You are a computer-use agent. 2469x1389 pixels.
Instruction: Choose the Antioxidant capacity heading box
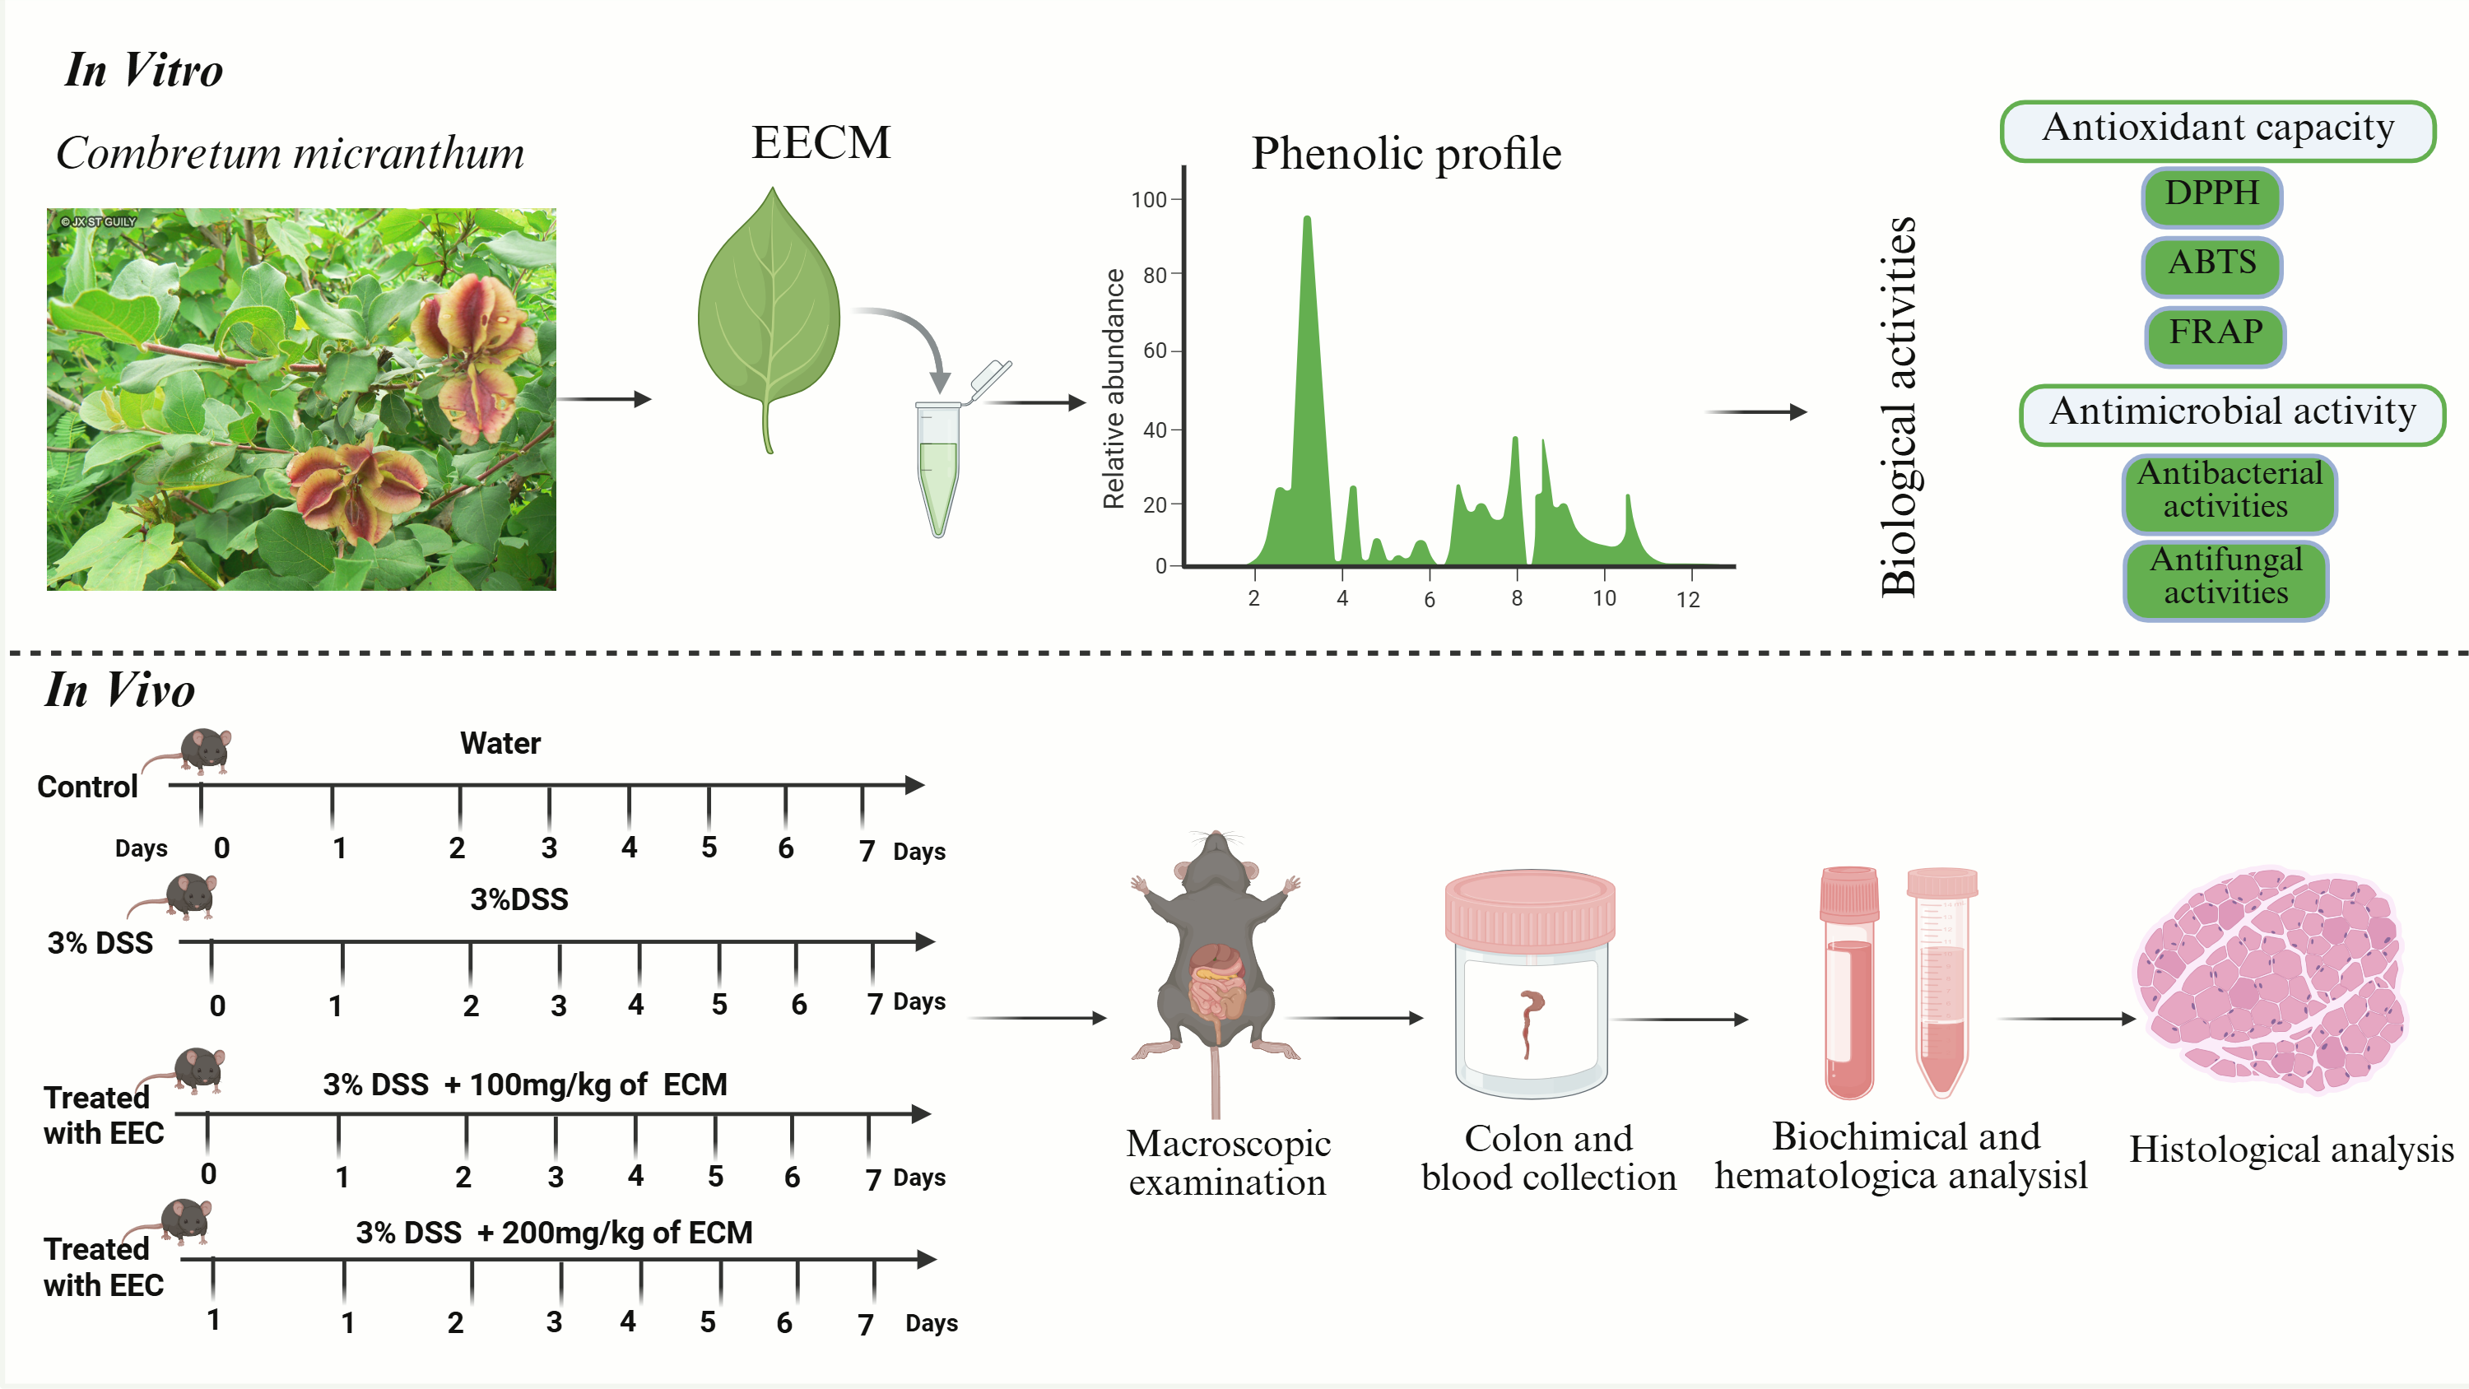pyautogui.click(x=2217, y=130)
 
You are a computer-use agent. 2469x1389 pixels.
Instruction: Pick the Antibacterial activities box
pyautogui.click(x=2229, y=493)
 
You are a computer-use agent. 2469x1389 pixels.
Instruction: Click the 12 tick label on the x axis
pyautogui.click(x=1688, y=600)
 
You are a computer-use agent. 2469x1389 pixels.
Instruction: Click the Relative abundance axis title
pyautogui.click(x=1114, y=388)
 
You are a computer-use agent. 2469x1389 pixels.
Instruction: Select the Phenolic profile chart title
pyautogui.click(x=1406, y=153)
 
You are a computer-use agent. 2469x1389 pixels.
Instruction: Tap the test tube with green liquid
pyautogui.click(x=938, y=470)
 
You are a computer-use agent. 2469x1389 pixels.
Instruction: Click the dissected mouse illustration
pyautogui.click(x=1216, y=969)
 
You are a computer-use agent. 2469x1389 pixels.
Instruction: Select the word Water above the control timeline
pyautogui.click(x=500, y=743)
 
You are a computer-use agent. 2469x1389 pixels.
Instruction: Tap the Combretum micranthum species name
pyautogui.click(x=291, y=153)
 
